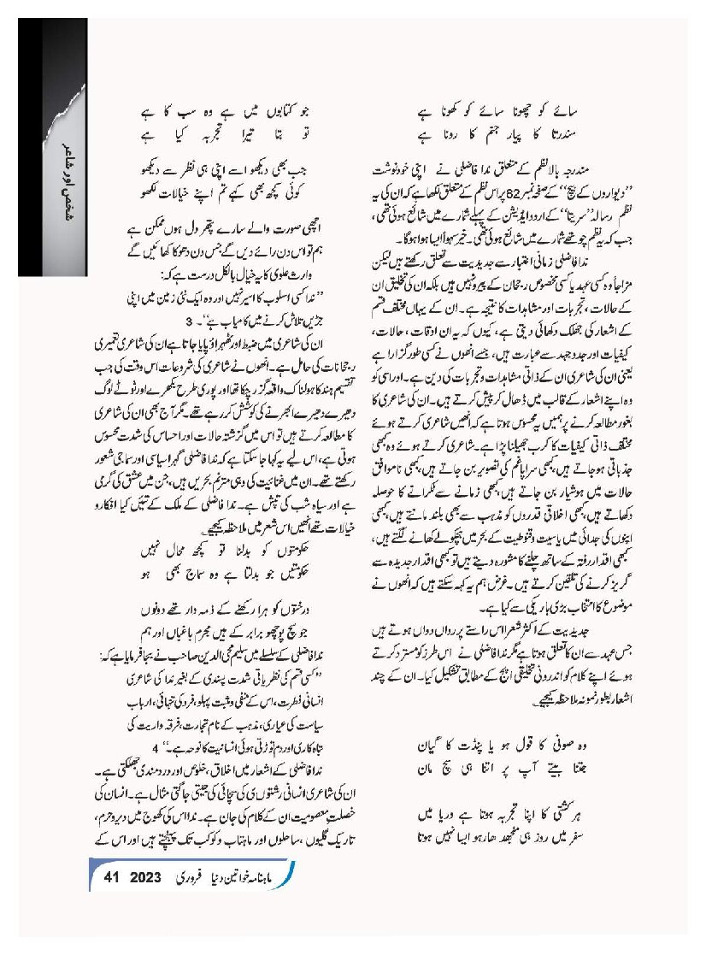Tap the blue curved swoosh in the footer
click(290, 875)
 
